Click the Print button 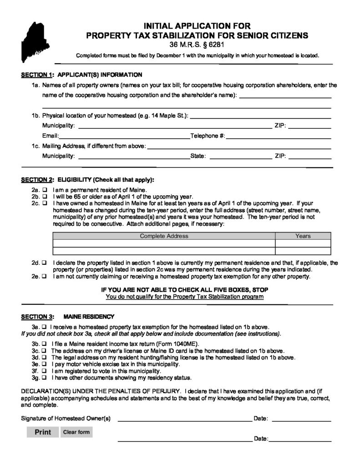43,432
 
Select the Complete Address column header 164,236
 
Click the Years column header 303,236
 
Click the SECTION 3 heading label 38,316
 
